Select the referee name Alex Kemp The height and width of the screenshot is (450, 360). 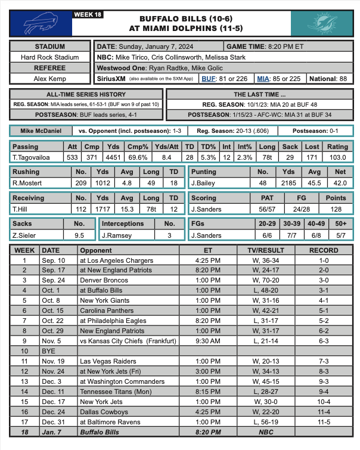click(x=50, y=78)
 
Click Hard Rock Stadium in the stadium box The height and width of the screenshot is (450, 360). click(x=50, y=57)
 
